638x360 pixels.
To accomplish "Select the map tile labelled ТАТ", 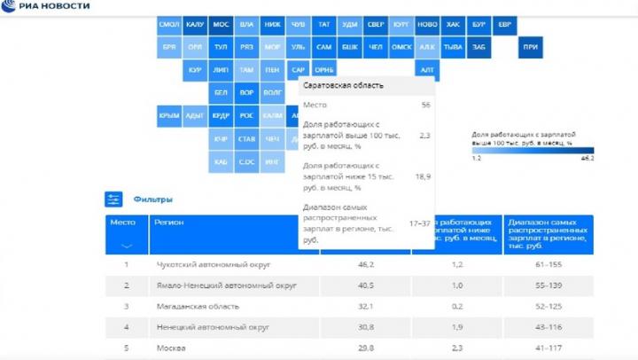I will point(324,25).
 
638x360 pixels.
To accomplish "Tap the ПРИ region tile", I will point(531,46).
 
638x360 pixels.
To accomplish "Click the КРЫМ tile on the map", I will point(169,115).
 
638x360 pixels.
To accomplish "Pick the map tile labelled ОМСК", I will point(401,46).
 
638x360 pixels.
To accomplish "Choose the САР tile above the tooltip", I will point(299,69).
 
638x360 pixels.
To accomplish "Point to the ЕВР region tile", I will point(505,25).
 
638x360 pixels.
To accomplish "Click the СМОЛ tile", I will point(169,25).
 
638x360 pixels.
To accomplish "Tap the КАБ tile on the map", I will point(221,161).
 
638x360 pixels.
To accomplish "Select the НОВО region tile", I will point(427,25).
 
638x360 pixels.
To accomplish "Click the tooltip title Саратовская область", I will point(344,86).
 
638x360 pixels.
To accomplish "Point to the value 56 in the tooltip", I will point(425,106).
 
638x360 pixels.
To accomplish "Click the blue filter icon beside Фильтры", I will point(113,200).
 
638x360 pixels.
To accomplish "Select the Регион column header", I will point(168,223).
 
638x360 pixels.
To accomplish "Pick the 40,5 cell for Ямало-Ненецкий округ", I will point(365,286).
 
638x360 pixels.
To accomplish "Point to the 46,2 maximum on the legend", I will point(587,159).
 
